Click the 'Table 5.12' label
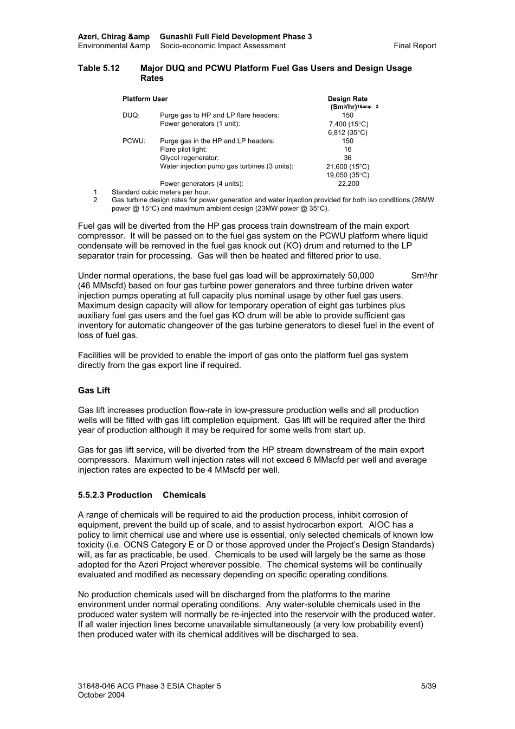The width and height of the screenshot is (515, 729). click(x=99, y=68)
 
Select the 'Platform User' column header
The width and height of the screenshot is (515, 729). click(x=145, y=99)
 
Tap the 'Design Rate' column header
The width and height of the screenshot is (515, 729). click(x=347, y=99)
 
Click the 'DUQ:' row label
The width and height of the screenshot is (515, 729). click(x=131, y=115)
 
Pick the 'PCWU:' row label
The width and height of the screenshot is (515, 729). click(x=134, y=141)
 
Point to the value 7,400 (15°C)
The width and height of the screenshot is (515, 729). click(x=348, y=124)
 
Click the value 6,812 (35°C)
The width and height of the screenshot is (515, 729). click(x=347, y=133)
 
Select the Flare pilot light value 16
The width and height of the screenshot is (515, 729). click(x=347, y=150)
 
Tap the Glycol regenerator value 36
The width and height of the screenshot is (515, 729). click(x=347, y=158)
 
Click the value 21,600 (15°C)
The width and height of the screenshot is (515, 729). click(x=347, y=167)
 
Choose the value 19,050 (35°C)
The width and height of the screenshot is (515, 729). click(x=347, y=176)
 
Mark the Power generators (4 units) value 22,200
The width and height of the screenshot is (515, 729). click(x=348, y=184)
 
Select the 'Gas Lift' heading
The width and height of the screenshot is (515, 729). click(x=94, y=391)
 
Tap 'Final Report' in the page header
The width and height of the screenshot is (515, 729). click(x=415, y=46)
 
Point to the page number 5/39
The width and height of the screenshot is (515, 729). click(x=428, y=686)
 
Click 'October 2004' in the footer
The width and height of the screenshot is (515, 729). click(x=101, y=695)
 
